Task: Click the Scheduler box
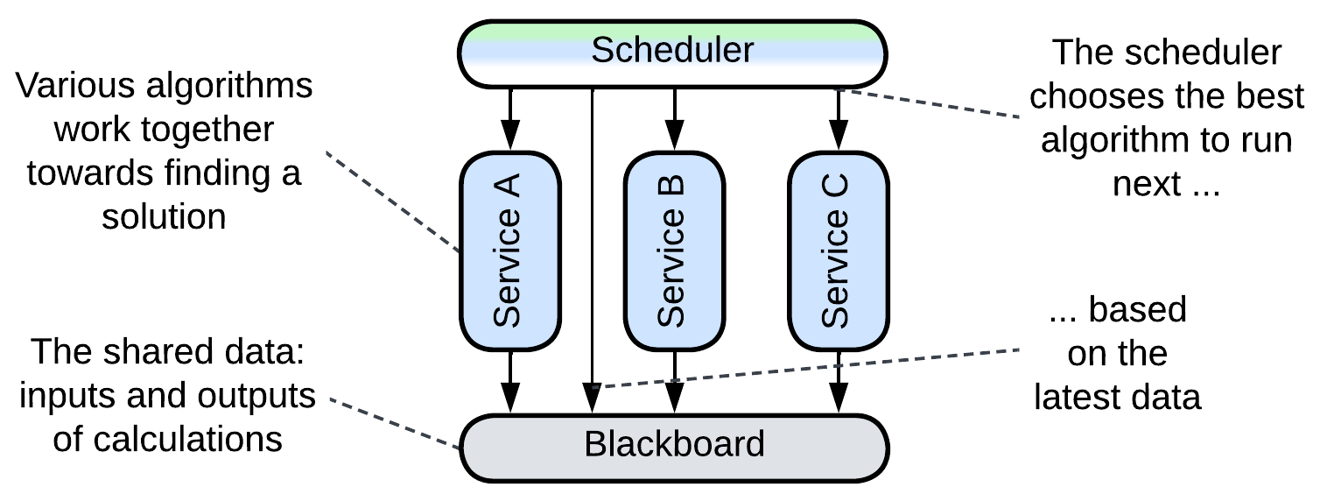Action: (x=672, y=52)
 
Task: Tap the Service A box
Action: (x=509, y=251)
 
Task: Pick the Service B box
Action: (x=673, y=251)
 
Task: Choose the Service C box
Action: (x=838, y=251)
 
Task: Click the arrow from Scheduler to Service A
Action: (x=509, y=119)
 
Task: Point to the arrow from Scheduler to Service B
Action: (x=673, y=119)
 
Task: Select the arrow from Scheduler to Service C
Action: (x=838, y=119)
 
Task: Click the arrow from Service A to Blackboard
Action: (x=509, y=381)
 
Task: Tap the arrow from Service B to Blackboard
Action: (x=673, y=381)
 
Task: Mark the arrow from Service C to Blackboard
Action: (x=838, y=381)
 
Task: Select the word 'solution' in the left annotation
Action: (x=164, y=216)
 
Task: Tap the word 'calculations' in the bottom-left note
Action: (x=167, y=439)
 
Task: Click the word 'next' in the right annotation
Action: (x=1143, y=184)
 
